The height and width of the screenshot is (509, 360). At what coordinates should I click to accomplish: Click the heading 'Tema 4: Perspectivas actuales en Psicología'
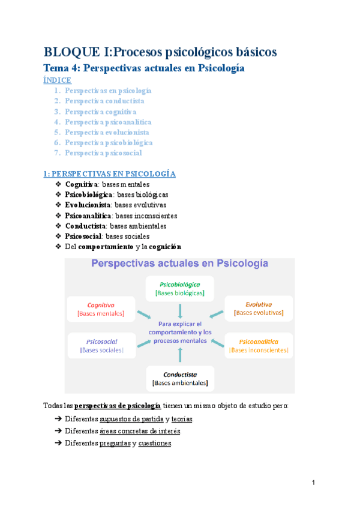[145, 68]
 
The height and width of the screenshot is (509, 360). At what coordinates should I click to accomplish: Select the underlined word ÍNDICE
[58, 80]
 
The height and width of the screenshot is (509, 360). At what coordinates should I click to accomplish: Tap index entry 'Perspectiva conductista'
[104, 101]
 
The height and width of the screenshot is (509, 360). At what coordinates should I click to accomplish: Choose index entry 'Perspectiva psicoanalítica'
[108, 122]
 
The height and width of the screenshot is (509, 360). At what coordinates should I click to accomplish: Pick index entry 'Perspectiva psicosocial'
[103, 153]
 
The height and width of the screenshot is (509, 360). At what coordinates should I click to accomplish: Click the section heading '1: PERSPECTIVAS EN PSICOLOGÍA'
[109, 173]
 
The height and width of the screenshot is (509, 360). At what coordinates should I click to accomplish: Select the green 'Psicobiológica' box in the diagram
[180, 288]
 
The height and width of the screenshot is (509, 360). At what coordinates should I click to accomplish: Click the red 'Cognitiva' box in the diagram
[101, 309]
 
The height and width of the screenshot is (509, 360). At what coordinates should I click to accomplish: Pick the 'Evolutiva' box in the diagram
[259, 309]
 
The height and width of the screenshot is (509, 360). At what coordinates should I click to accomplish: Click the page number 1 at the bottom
[314, 483]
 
